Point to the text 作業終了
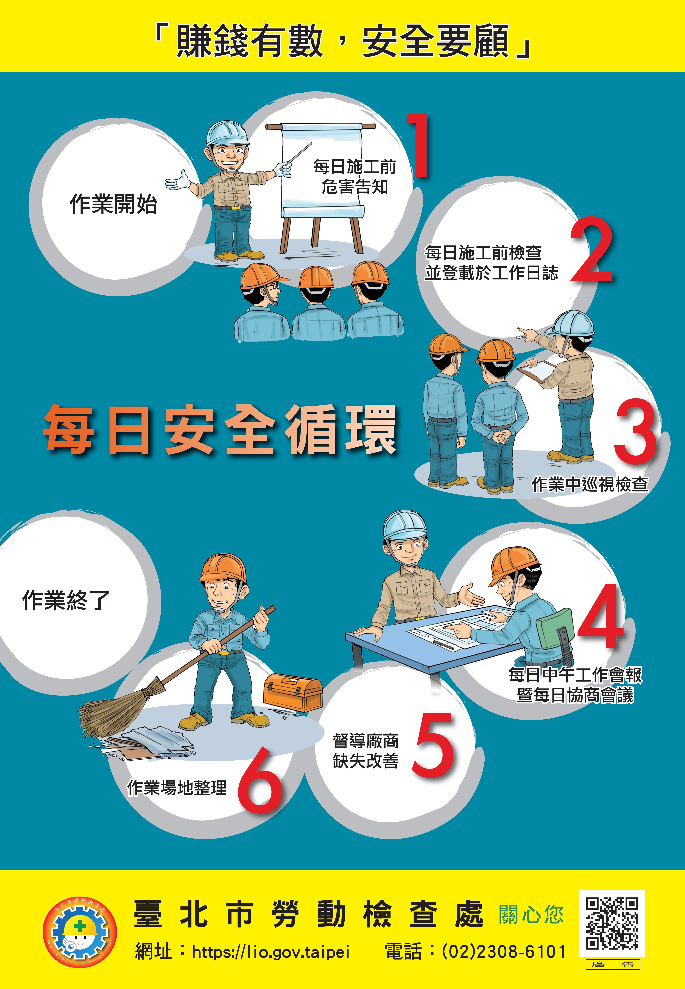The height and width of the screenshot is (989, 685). [x=66, y=600]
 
